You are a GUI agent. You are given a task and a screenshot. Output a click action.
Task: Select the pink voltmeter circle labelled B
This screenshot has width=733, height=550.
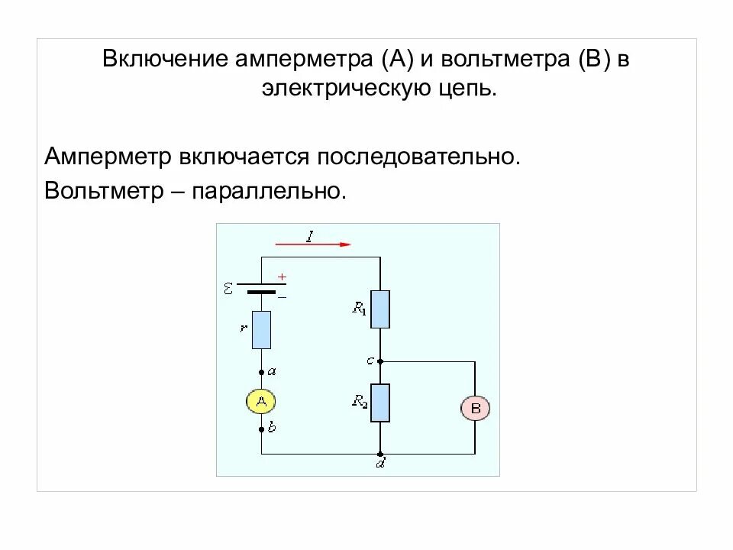coord(475,409)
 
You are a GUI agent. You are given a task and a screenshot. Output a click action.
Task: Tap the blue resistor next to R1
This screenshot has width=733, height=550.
coord(380,309)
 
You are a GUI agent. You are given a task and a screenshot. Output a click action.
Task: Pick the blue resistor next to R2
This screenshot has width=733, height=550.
coord(380,403)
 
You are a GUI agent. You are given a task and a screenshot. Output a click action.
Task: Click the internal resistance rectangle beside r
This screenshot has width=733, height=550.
coord(262,330)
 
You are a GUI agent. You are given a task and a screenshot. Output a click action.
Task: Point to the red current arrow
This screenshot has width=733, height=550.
coord(313,244)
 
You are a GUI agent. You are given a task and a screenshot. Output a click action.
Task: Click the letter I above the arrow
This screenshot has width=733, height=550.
coord(310,235)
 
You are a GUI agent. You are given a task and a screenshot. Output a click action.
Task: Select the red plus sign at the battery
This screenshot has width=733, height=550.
coord(282,277)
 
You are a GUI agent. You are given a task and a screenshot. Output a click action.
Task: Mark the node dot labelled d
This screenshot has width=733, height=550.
coord(380,454)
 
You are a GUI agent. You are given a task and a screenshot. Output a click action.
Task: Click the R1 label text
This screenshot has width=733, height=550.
coord(359,309)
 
